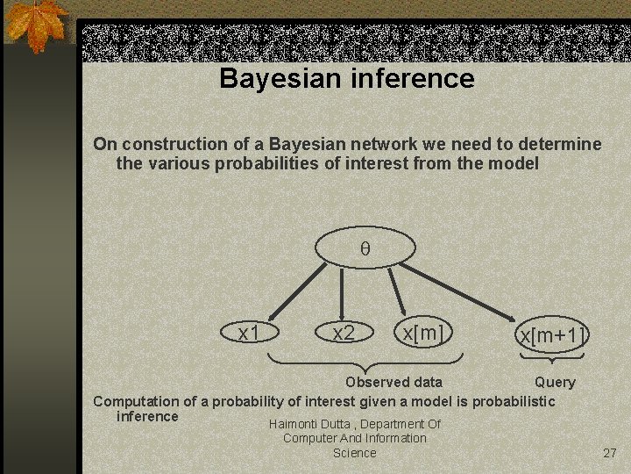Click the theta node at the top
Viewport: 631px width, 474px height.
pos(365,248)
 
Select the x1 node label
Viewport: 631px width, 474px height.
pos(250,333)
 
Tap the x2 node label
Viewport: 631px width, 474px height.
pos(344,333)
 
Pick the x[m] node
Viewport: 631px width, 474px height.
pos(422,333)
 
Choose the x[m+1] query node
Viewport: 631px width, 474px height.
pos(551,335)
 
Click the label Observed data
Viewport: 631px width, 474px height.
pos(393,382)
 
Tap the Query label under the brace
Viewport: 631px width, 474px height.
pos(555,382)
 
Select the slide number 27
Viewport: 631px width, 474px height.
pos(610,453)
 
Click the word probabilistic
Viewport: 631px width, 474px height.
pos(514,401)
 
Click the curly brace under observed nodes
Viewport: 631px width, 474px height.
pos(364,360)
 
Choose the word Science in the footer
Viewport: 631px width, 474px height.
pos(354,453)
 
